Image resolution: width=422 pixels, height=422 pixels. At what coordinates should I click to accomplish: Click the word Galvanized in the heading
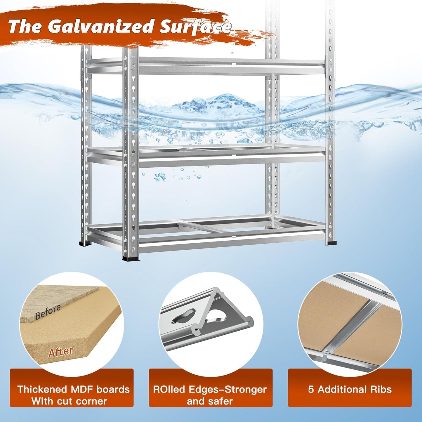click(101, 26)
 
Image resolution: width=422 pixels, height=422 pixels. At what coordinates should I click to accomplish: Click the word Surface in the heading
click(195, 27)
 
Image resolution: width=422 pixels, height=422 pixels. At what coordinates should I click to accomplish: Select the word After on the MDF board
click(61, 352)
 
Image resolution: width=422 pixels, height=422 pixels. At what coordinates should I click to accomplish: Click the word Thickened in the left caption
click(42, 389)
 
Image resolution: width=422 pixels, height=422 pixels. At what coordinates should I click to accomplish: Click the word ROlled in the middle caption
click(169, 389)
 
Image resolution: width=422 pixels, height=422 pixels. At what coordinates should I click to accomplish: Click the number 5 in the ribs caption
click(311, 389)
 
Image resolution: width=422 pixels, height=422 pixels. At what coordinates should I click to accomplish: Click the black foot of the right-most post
click(331, 243)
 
